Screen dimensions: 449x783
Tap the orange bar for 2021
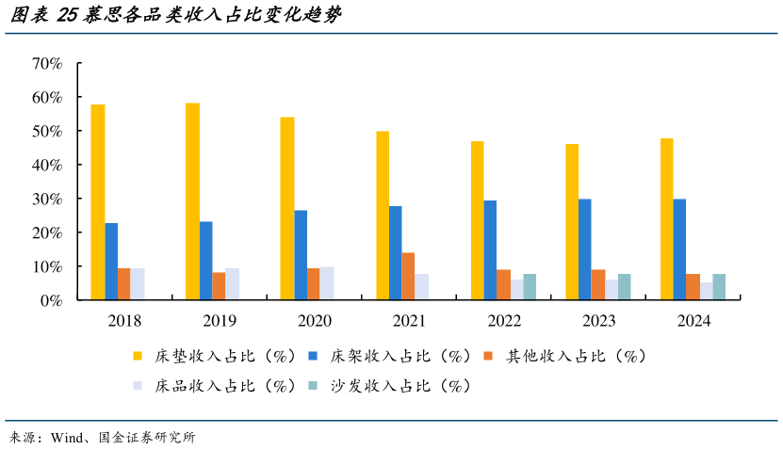tap(408, 277)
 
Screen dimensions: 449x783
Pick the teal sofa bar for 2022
tap(530, 287)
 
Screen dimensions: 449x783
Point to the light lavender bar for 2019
tap(232, 284)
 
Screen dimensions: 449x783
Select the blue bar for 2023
tap(585, 249)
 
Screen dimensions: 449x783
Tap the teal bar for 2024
tap(719, 287)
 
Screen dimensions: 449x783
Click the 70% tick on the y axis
tap(47, 63)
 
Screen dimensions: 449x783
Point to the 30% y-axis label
tap(47, 199)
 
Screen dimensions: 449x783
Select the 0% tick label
tap(51, 300)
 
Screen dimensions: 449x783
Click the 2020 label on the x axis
tap(314, 321)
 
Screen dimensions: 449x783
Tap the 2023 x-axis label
tap(598, 321)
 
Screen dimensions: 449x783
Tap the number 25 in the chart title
tap(68, 16)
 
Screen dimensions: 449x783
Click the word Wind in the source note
tap(69, 438)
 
